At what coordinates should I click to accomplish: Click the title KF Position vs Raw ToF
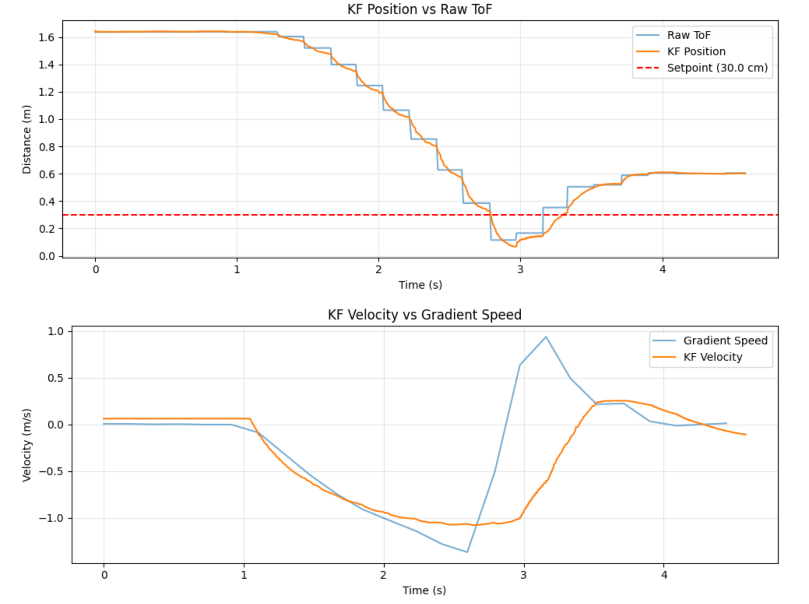click(x=420, y=9)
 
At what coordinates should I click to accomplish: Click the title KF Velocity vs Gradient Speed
click(x=424, y=314)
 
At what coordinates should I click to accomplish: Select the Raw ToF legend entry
click(x=673, y=35)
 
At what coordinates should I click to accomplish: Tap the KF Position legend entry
click(x=681, y=51)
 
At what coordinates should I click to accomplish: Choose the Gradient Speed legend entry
click(x=710, y=341)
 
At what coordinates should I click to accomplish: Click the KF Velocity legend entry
click(x=697, y=357)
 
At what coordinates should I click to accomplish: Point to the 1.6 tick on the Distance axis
click(x=46, y=37)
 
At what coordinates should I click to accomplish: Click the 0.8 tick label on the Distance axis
click(x=46, y=147)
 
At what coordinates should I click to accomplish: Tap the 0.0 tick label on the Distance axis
click(x=46, y=256)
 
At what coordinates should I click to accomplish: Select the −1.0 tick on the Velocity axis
click(x=51, y=518)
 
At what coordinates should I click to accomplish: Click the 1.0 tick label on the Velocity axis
click(x=56, y=331)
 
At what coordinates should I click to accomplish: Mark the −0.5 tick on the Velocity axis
click(x=51, y=471)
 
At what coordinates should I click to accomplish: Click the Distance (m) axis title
click(x=26, y=139)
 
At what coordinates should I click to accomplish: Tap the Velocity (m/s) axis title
click(x=26, y=445)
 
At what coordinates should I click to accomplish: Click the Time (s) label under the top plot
click(x=420, y=285)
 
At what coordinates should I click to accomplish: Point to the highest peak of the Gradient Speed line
click(x=546, y=337)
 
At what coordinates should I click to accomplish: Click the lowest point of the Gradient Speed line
click(x=467, y=552)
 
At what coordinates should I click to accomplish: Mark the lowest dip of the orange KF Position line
click(x=515, y=247)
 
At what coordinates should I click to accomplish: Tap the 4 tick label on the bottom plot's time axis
click(x=664, y=575)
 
